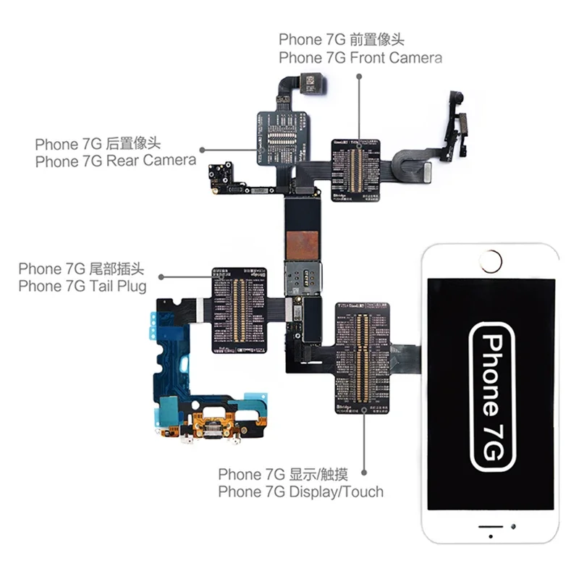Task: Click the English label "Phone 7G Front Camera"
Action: point(360,58)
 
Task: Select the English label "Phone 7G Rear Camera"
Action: point(116,161)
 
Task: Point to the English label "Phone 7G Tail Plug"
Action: point(83,286)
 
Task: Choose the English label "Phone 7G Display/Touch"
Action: point(301,492)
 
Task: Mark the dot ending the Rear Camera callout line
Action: point(202,151)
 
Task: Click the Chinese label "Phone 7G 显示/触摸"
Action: point(283,475)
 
